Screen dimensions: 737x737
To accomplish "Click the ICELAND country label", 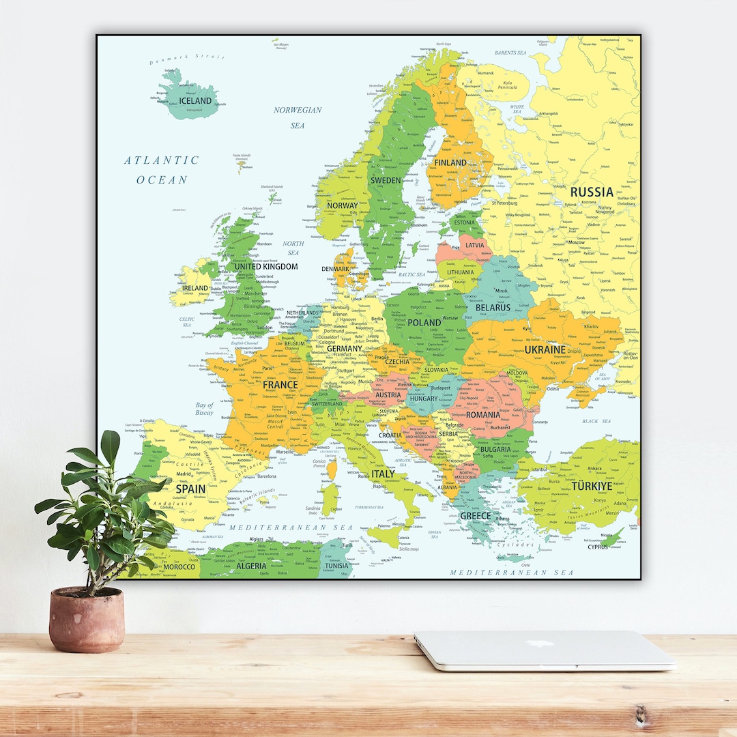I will point(195,101).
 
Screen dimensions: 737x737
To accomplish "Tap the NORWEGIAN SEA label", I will point(298,117).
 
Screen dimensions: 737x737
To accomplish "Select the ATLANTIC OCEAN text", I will point(162,170).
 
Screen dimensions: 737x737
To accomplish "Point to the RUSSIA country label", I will point(592,192).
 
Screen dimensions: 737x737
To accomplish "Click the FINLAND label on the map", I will point(450,162).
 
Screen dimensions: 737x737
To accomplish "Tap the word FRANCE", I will point(280,384).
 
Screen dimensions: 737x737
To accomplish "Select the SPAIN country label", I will point(190,489).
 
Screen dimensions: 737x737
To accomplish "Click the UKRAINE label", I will point(545,349).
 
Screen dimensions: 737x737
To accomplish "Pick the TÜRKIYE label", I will point(589,487).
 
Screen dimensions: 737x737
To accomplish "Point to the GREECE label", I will point(475,516).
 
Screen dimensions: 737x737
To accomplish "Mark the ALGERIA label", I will point(251,566).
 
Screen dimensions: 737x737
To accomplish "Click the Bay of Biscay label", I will point(204,409).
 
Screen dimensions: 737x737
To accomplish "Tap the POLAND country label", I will point(424,322).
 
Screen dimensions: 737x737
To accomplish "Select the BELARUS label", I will point(493,308).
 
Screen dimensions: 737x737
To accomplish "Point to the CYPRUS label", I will point(597,547).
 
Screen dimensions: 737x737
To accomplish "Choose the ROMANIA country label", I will point(483,414).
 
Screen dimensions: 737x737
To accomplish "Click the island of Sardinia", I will point(330,498).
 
